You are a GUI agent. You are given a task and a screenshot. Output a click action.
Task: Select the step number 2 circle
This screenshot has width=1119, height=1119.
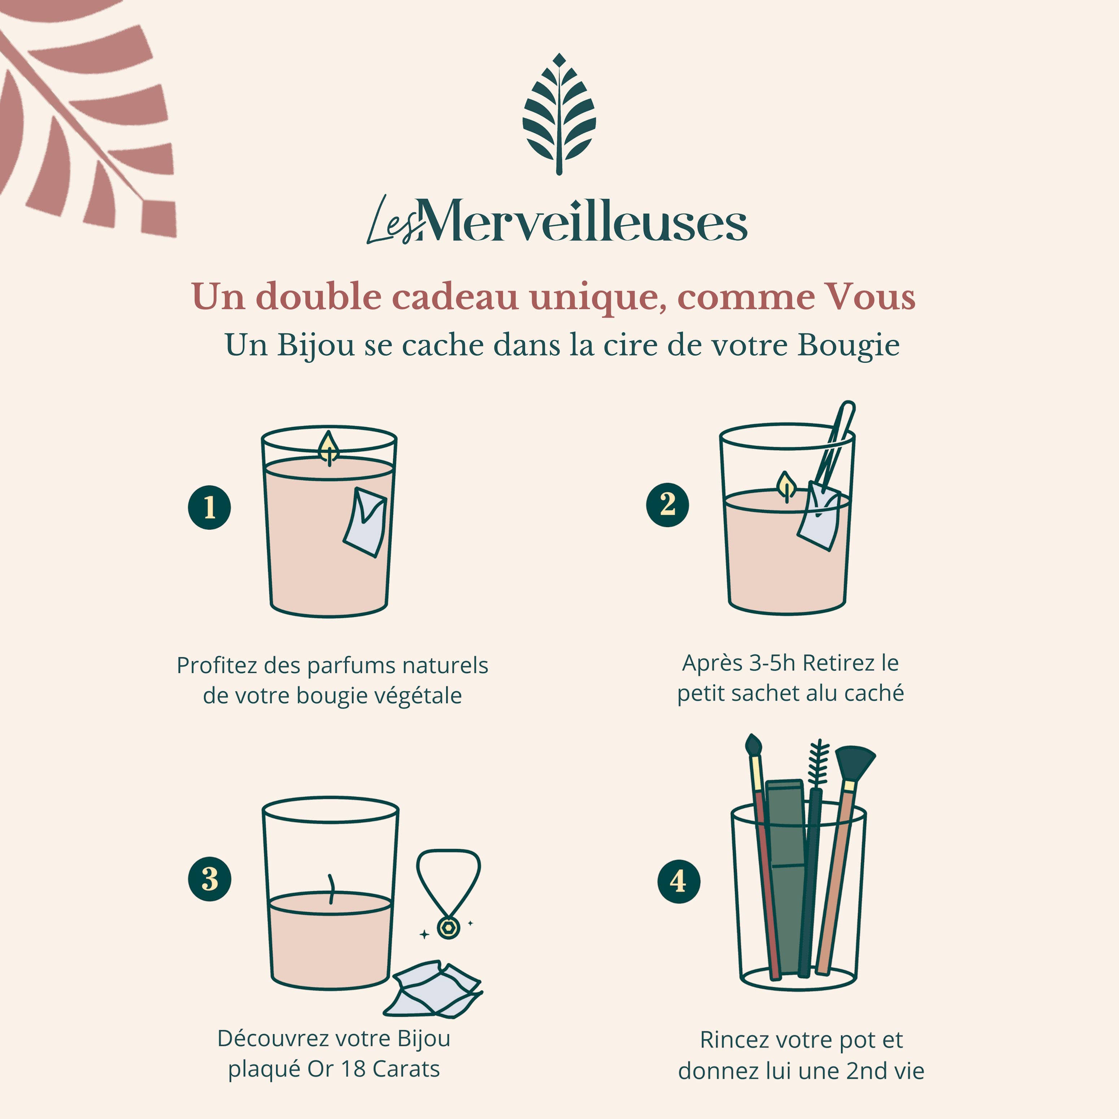click(x=667, y=505)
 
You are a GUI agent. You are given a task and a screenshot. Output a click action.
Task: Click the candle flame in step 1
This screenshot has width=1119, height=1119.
click(x=329, y=447)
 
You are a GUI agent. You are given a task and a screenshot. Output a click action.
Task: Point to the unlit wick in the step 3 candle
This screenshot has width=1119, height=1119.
click(x=331, y=888)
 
